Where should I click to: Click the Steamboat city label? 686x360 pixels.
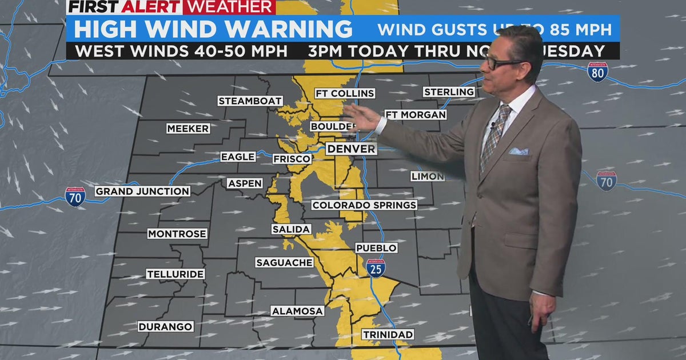pyautogui.click(x=250, y=101)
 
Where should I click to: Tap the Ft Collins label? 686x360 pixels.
pyautogui.click(x=345, y=93)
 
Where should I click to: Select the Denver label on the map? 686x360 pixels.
pyautogui.click(x=352, y=149)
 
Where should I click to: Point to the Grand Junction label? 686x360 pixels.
pyautogui.click(x=142, y=191)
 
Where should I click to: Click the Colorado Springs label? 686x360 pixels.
pyautogui.click(x=364, y=205)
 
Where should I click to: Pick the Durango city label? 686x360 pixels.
pyautogui.click(x=166, y=327)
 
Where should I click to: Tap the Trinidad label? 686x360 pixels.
pyautogui.click(x=388, y=334)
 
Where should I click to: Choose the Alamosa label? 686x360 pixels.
pyautogui.click(x=297, y=311)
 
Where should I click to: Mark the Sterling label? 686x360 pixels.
pyautogui.click(x=449, y=92)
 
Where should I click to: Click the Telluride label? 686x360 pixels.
pyautogui.click(x=176, y=274)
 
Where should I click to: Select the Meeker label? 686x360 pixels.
pyautogui.click(x=188, y=129)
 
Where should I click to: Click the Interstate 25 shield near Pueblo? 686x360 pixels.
pyautogui.click(x=376, y=267)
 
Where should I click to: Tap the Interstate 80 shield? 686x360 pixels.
pyautogui.click(x=597, y=72)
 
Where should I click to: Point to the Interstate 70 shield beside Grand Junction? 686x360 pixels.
pyautogui.click(x=75, y=197)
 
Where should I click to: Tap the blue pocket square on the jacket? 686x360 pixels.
pyautogui.click(x=519, y=151)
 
